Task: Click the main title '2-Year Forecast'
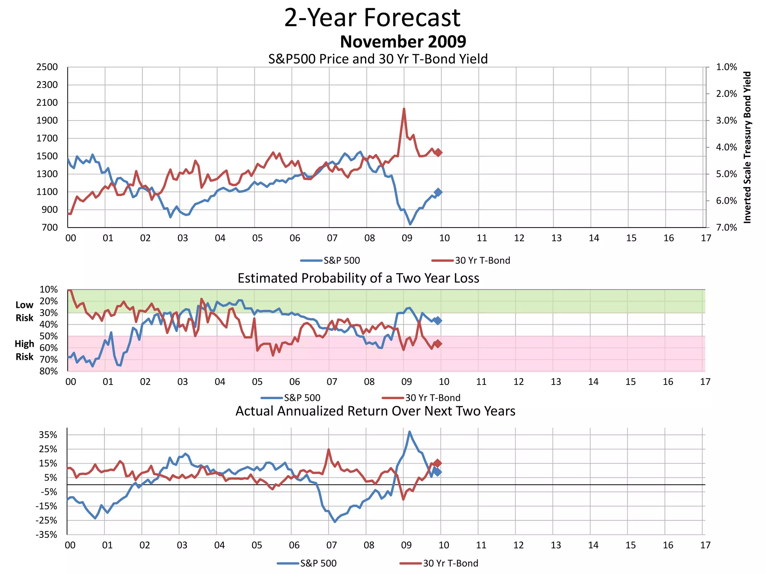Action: click(372, 18)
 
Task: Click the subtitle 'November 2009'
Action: click(403, 41)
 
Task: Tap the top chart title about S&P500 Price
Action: click(378, 59)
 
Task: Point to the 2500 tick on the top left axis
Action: click(47, 67)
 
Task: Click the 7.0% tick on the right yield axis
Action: click(726, 228)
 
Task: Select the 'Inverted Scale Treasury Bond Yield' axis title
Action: click(747, 147)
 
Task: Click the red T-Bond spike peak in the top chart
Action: click(404, 109)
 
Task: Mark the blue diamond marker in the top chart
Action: click(438, 192)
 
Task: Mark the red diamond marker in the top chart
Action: click(438, 152)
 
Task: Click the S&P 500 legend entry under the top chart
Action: click(331, 260)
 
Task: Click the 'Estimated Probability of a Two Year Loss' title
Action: click(358, 278)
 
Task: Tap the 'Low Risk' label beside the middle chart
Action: click(24, 311)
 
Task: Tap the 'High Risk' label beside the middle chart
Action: click(24, 350)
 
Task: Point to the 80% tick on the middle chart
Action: click(49, 371)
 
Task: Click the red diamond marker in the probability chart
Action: click(437, 344)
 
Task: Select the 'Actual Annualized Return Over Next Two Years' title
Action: click(375, 411)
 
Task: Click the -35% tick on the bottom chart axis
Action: click(46, 535)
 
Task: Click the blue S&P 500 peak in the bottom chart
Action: click(410, 432)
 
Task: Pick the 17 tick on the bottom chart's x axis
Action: click(705, 545)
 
